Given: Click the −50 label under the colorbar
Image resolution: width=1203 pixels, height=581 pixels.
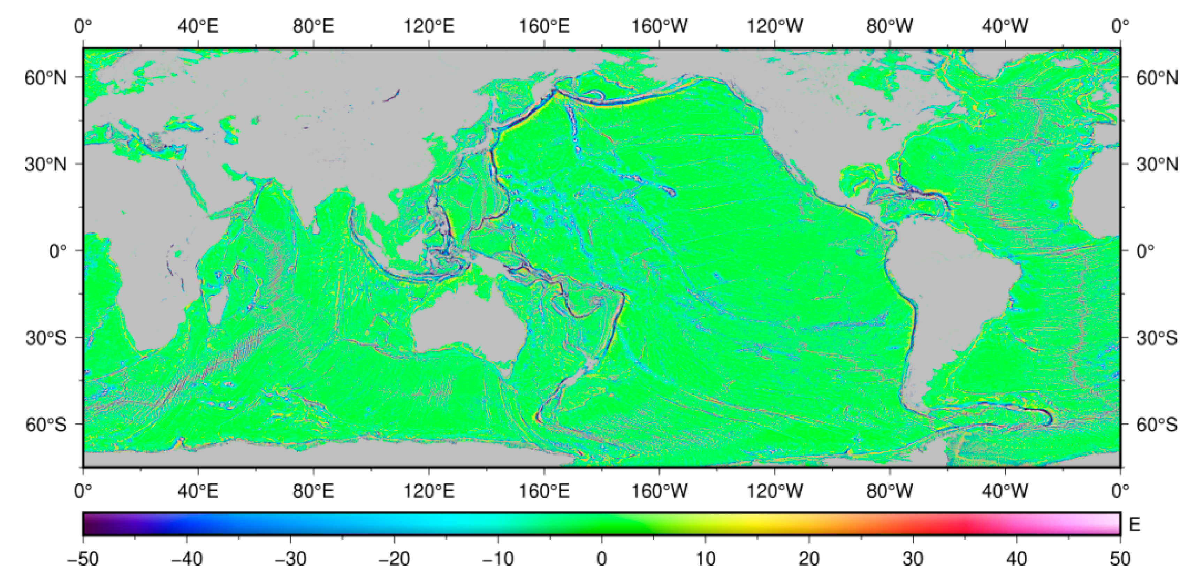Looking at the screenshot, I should pyautogui.click(x=83, y=559).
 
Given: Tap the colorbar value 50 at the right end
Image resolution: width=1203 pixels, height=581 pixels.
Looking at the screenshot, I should pyautogui.click(x=1120, y=559).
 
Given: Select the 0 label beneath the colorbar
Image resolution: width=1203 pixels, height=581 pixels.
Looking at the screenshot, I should pyautogui.click(x=602, y=559).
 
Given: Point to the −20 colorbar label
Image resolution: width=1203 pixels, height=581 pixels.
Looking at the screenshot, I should pyautogui.click(x=394, y=559).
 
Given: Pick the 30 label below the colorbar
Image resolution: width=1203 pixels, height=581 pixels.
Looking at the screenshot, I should pyautogui.click(x=913, y=559).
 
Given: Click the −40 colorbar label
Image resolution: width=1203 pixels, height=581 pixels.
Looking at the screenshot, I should pyautogui.click(x=187, y=559).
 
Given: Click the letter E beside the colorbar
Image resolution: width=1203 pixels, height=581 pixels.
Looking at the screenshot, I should pyautogui.click(x=1135, y=525).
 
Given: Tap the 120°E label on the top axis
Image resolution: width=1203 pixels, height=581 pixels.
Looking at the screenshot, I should pyautogui.click(x=429, y=26).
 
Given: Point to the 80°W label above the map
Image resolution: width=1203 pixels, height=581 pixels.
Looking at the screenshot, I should pyautogui.click(x=890, y=26).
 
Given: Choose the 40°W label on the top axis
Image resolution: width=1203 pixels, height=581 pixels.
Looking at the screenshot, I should pyautogui.click(x=1005, y=26).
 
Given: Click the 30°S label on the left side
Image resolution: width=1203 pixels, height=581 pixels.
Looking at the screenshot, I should pyautogui.click(x=46, y=338).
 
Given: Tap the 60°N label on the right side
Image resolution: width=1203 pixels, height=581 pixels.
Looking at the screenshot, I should pyautogui.click(x=1157, y=77).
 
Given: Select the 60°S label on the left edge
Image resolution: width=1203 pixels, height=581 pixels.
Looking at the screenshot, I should pyautogui.click(x=46, y=425).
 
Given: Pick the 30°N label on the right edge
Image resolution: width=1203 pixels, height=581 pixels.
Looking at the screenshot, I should pyautogui.click(x=1157, y=165).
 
